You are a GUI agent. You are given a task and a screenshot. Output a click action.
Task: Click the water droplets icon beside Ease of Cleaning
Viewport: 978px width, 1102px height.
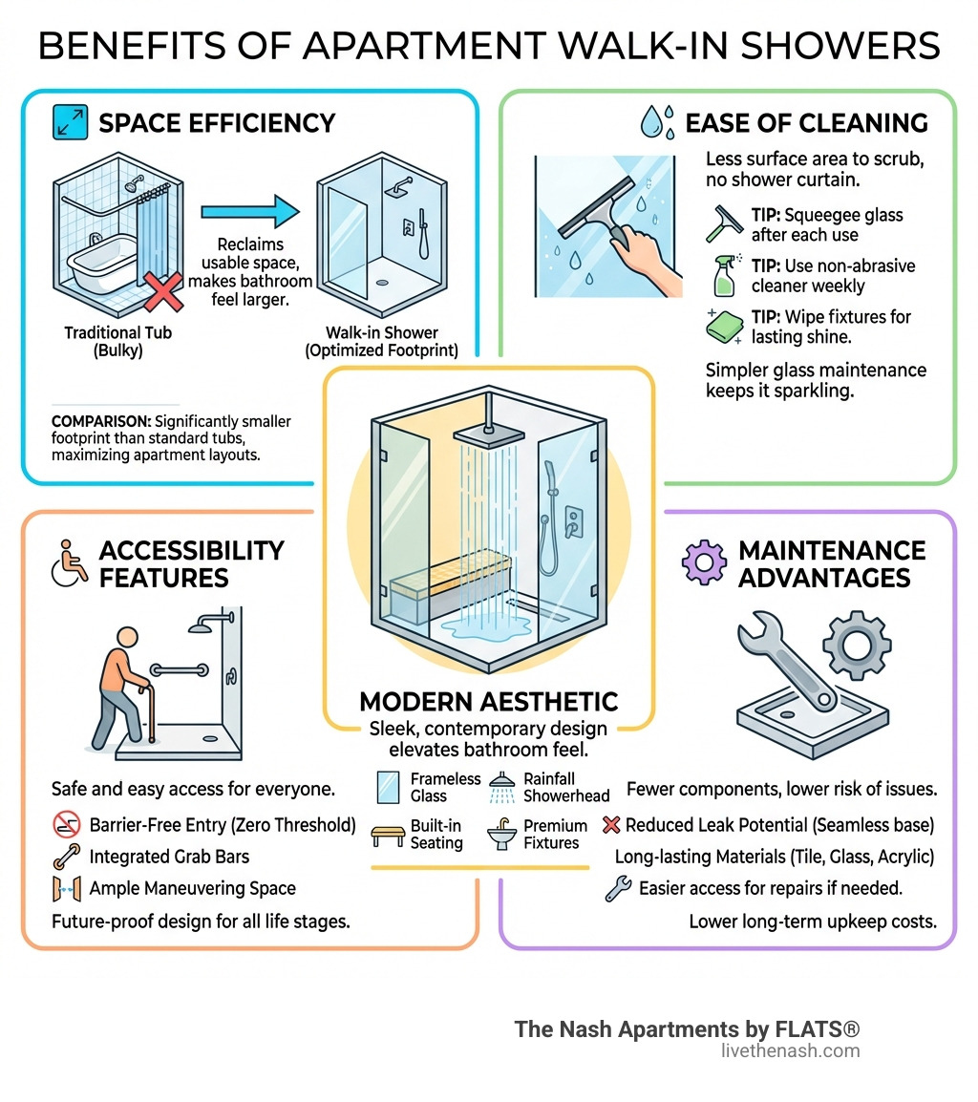pyautogui.click(x=658, y=122)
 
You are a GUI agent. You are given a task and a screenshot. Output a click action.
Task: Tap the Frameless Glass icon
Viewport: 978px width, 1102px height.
pyautogui.click(x=388, y=788)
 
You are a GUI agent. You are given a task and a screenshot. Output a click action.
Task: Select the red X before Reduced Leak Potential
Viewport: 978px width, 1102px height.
pyautogui.click(x=612, y=824)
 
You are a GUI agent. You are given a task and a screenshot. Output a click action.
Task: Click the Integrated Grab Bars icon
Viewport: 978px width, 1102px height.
pyautogui.click(x=67, y=857)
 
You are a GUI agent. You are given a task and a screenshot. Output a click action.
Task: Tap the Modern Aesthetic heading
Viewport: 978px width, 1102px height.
pyautogui.click(x=488, y=702)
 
